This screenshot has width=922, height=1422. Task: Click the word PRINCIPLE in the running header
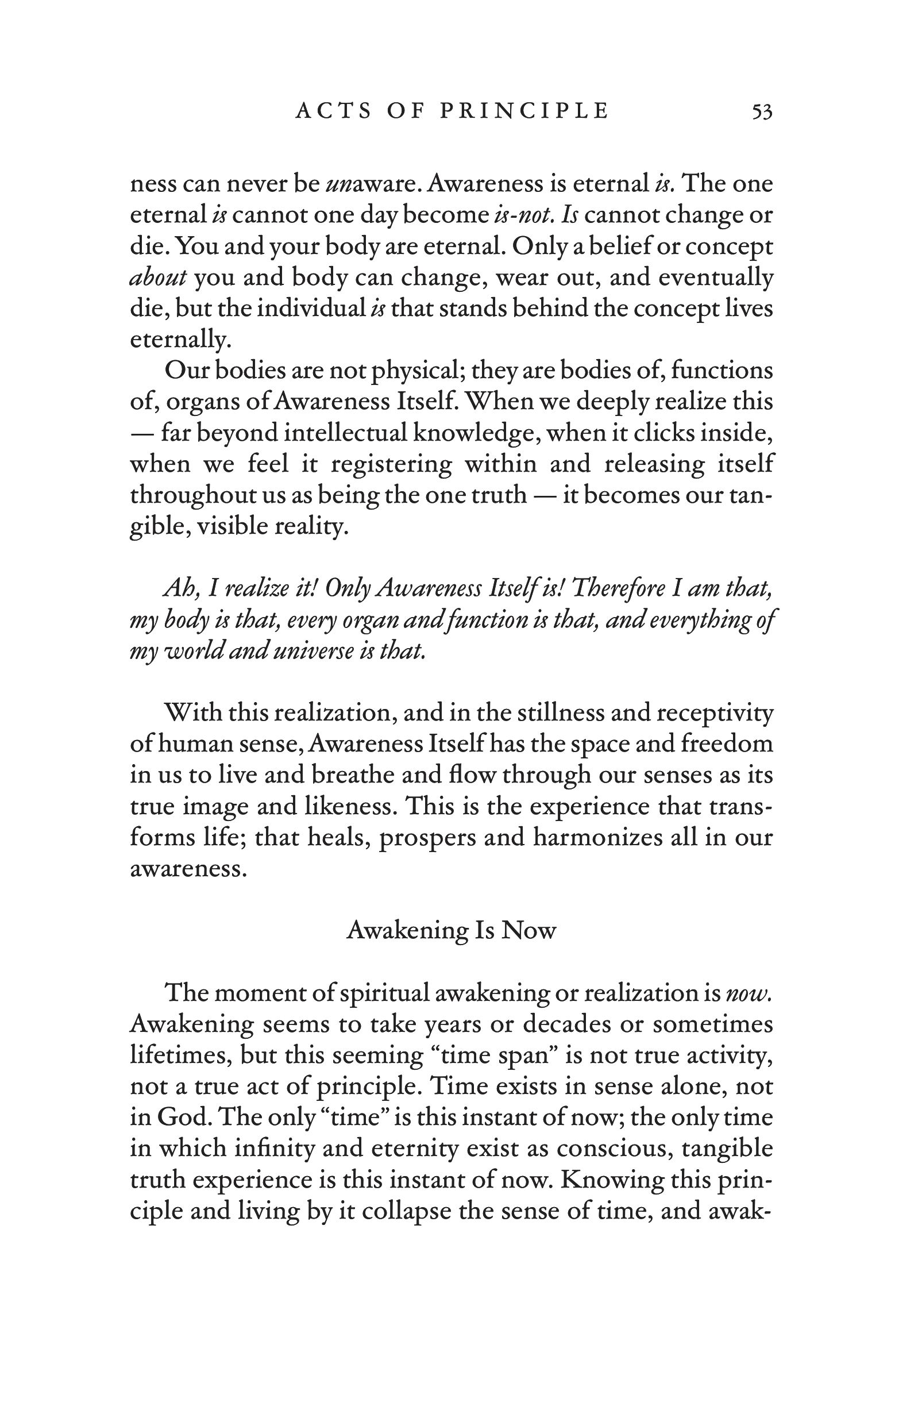524,111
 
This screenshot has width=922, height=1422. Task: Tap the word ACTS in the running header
333,111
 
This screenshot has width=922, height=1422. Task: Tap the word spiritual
384,993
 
